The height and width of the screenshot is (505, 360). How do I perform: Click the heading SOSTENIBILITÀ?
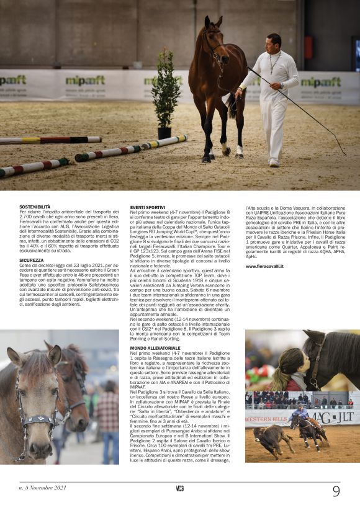pyautogui.click(x=35, y=206)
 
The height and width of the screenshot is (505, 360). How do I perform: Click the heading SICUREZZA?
pyautogui.click(x=31, y=261)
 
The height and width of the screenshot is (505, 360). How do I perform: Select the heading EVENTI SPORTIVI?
pyautogui.click(x=148, y=206)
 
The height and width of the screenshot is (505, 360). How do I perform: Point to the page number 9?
pyautogui.click(x=336, y=491)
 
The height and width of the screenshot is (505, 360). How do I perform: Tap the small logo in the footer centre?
pyautogui.click(x=179, y=488)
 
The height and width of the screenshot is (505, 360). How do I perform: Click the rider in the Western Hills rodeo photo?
pyautogui.click(x=302, y=413)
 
